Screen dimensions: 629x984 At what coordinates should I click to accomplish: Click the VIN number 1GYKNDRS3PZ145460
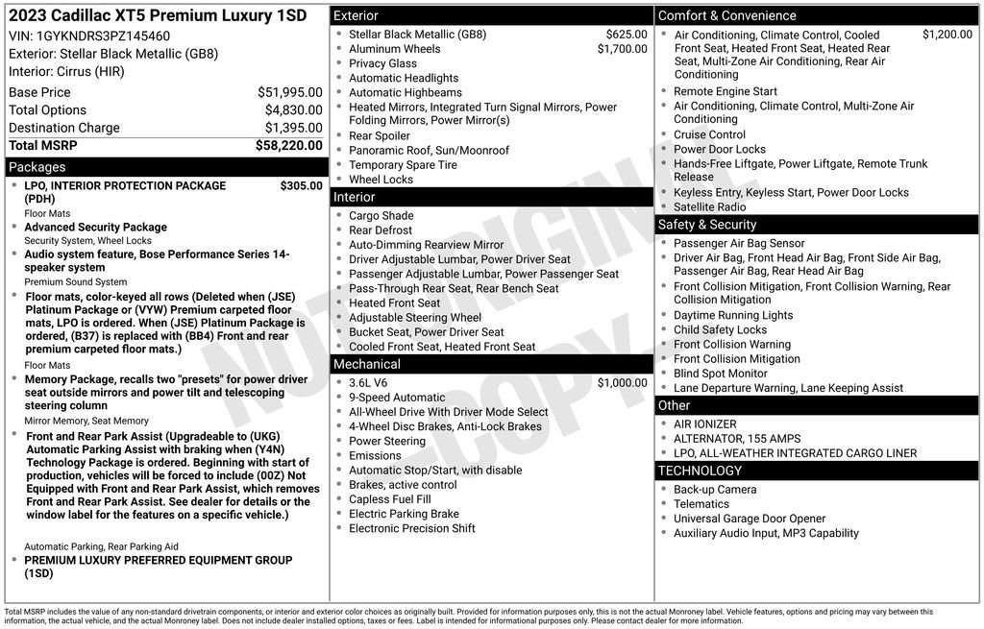pos(103,36)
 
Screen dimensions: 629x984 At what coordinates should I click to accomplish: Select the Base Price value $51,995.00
pos(289,92)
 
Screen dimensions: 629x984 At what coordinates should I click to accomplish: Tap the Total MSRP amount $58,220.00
pos(288,145)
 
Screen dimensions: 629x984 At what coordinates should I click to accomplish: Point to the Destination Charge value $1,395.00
pos(293,128)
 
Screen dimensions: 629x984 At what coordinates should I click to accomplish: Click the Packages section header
pos(37,167)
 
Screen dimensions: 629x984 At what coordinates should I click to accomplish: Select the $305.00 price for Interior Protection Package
pos(301,185)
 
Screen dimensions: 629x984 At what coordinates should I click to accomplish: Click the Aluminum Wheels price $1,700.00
pos(622,49)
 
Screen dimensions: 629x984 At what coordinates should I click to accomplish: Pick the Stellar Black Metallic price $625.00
pos(627,35)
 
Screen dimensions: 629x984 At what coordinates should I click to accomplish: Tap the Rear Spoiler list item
pos(379,135)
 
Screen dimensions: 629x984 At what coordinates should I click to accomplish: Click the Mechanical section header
pos(366,364)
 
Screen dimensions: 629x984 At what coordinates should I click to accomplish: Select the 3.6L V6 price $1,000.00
pos(622,382)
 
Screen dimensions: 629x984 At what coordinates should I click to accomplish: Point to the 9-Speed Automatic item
pos(397,398)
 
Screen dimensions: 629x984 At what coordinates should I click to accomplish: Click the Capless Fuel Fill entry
pos(389,499)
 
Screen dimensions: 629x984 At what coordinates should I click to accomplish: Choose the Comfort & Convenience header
pos(726,15)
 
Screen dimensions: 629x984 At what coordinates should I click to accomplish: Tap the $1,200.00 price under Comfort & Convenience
pos(947,35)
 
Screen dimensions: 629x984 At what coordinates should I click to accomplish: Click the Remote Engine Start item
pos(725,91)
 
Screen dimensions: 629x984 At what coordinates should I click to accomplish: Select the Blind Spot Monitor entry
pos(720,374)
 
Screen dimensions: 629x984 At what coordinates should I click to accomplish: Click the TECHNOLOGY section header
pos(700,471)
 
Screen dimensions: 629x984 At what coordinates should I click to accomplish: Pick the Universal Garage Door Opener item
pos(750,519)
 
